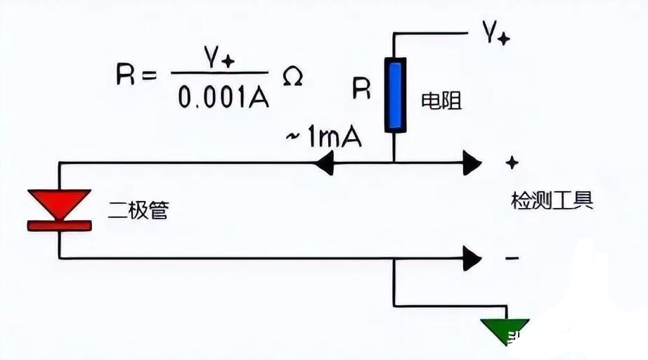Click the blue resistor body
(396, 96)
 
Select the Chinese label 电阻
(441, 101)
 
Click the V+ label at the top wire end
(494, 32)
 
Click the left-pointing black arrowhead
(325, 164)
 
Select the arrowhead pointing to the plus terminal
(471, 164)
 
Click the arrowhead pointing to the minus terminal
(471, 259)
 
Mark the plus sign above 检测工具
(512, 163)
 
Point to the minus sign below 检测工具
(512, 259)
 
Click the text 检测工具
(552, 201)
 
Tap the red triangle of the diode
(59, 202)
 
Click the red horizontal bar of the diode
(59, 226)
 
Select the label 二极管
(138, 210)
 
